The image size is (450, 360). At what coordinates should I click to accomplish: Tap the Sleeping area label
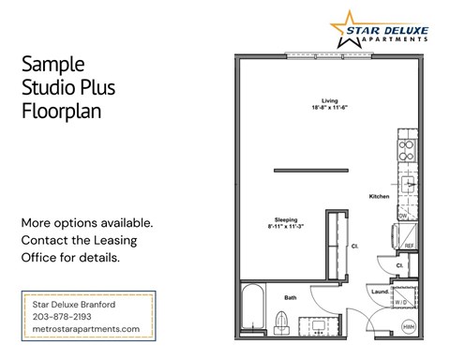coord(285,218)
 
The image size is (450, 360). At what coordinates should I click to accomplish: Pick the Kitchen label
coord(379,196)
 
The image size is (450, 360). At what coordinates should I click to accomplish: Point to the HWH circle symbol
coord(409,326)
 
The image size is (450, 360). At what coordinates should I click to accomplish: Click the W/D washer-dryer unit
coord(400,303)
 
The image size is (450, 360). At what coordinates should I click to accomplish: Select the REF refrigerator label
coord(408,246)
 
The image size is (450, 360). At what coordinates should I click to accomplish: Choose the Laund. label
coord(379,292)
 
